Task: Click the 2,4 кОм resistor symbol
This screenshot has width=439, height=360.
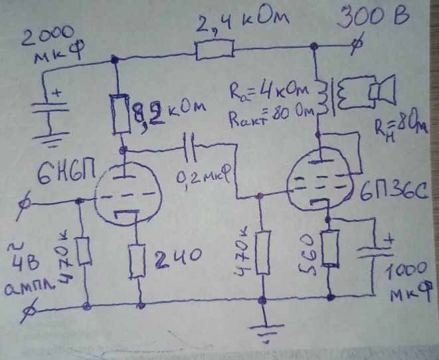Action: (x=215, y=48)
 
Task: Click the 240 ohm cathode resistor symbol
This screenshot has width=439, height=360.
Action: (x=139, y=261)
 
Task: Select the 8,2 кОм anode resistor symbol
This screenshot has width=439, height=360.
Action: (x=122, y=112)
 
